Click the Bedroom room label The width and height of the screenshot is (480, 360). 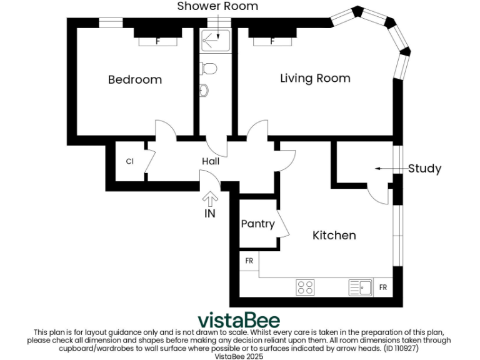pyautogui.click(x=134, y=80)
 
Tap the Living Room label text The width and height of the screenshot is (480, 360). pyautogui.click(x=315, y=79)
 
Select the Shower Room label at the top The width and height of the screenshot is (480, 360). pyautogui.click(x=217, y=6)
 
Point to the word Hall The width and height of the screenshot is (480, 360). pyautogui.click(x=210, y=161)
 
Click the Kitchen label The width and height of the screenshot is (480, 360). pyautogui.click(x=334, y=236)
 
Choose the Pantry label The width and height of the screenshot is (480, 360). pyautogui.click(x=257, y=224)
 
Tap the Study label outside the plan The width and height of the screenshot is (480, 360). pyautogui.click(x=424, y=169)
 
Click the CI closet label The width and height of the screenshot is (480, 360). pyautogui.click(x=129, y=162)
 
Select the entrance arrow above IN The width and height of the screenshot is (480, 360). pyautogui.click(x=210, y=199)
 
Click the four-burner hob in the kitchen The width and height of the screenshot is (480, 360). pyautogui.click(x=305, y=287)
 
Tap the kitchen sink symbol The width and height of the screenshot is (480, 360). pyautogui.click(x=360, y=287)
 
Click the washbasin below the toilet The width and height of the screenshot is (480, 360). pyautogui.click(x=205, y=91)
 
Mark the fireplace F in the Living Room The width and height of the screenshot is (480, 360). pyautogui.click(x=272, y=42)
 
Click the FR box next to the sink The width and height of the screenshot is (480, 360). pyautogui.click(x=383, y=287)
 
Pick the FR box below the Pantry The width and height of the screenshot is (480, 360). pyautogui.click(x=249, y=261)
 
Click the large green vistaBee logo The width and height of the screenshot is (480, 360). pyautogui.click(x=239, y=319)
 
